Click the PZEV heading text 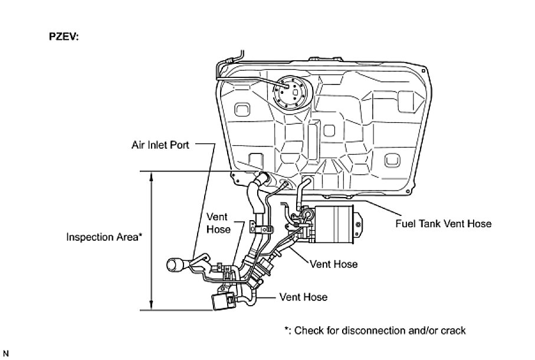pos(63,37)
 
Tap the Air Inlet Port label pos(160,144)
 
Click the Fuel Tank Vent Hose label pos(443,224)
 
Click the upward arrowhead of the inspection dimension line pos(152,175)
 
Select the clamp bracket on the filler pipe pos(261,226)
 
